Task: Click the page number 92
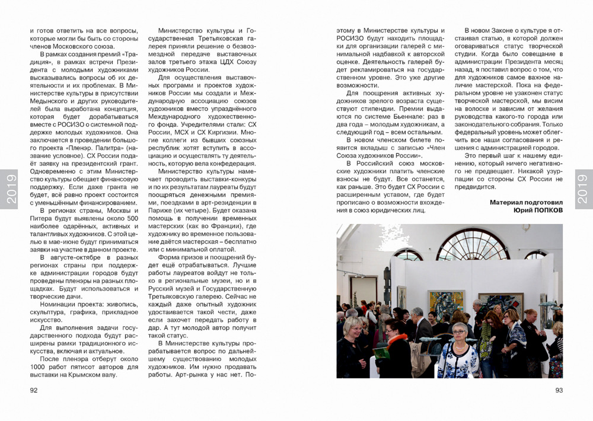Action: pos(34,390)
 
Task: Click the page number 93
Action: pos(559,390)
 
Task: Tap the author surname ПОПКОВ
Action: pos(543,210)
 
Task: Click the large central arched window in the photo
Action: pos(473,244)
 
